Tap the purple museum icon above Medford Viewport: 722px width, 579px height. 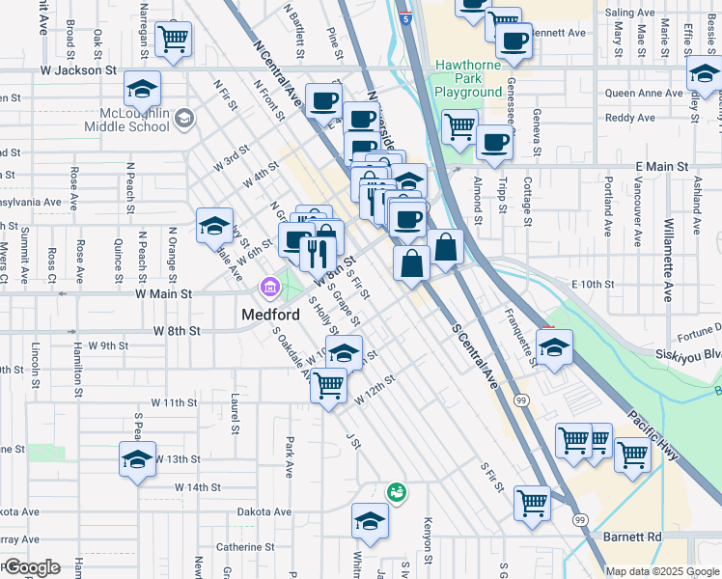[x=268, y=287]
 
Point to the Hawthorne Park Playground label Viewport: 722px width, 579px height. [x=468, y=79]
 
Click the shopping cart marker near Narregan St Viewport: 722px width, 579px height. [x=174, y=39]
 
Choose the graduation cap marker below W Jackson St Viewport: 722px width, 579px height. [x=142, y=90]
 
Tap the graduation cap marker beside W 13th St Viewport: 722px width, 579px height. [x=137, y=457]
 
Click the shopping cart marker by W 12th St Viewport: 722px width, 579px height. [x=329, y=384]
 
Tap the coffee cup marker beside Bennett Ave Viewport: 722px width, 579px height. [x=514, y=41]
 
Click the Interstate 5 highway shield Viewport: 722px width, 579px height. [x=406, y=16]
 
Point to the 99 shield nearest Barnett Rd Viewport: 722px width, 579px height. [x=580, y=520]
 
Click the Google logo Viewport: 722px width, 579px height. [x=31, y=567]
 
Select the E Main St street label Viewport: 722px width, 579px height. [x=661, y=167]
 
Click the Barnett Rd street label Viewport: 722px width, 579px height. [x=640, y=537]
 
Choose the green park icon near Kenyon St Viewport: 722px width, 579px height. [x=396, y=492]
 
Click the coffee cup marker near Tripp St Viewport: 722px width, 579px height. [x=495, y=143]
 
